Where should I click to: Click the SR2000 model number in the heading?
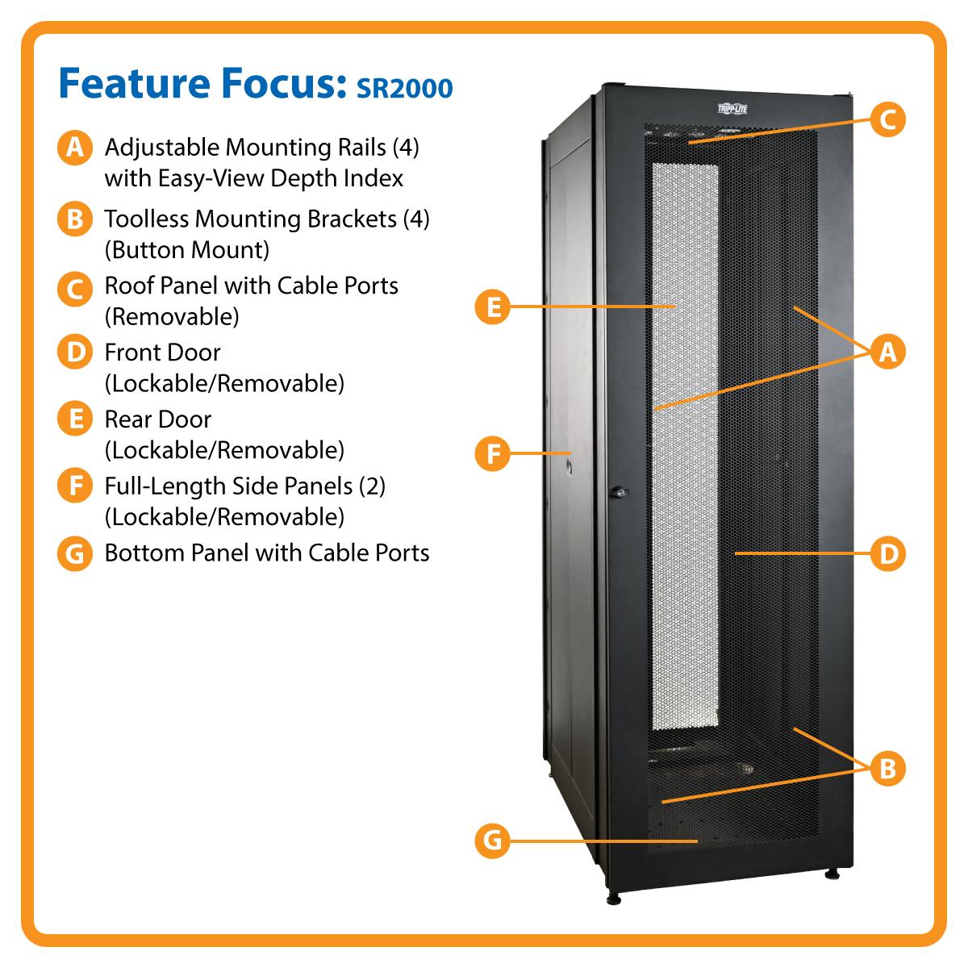click(x=404, y=88)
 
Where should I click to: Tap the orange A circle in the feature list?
click(x=75, y=148)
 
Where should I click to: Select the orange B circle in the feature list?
click(x=75, y=219)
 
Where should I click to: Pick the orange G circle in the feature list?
click(x=75, y=553)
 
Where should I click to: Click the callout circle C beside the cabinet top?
click(x=887, y=119)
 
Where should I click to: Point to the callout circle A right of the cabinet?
click(x=887, y=351)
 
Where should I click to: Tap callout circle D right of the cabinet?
click(x=887, y=553)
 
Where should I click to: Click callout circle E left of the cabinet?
click(x=492, y=306)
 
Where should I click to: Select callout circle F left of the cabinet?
click(x=492, y=453)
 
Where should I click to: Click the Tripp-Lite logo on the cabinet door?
click(x=732, y=109)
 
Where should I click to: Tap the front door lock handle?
click(x=619, y=491)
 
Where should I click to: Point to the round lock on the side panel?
click(x=570, y=467)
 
